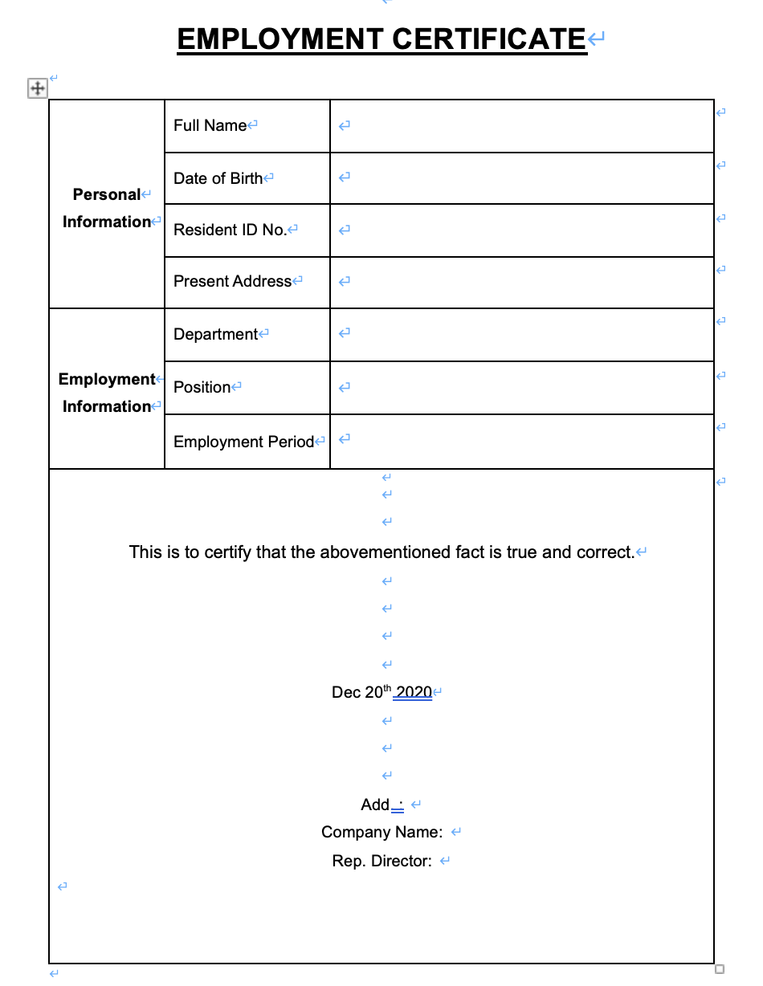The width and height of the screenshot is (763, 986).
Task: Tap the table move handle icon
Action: tap(37, 88)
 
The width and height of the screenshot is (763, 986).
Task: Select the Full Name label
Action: tap(210, 125)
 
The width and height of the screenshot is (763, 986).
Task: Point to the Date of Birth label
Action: tap(218, 178)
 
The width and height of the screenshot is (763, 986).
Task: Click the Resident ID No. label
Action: tap(230, 230)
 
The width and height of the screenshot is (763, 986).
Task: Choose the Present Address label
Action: tap(232, 281)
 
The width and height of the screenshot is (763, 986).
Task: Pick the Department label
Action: tap(215, 334)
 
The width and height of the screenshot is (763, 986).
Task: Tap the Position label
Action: tap(202, 387)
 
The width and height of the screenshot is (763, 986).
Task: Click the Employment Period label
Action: tap(243, 442)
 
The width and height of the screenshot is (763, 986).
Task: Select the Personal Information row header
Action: tap(107, 208)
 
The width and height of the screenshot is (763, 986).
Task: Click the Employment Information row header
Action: tap(107, 393)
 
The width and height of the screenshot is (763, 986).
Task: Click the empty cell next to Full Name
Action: tap(521, 125)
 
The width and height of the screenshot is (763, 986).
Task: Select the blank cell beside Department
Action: tap(521, 334)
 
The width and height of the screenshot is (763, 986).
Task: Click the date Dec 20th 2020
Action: tap(381, 692)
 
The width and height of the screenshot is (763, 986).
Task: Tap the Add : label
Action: tap(381, 805)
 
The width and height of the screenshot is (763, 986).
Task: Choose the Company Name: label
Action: tap(381, 832)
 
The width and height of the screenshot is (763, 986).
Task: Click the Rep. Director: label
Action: tap(381, 861)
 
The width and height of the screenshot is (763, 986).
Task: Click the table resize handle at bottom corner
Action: tap(720, 969)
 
